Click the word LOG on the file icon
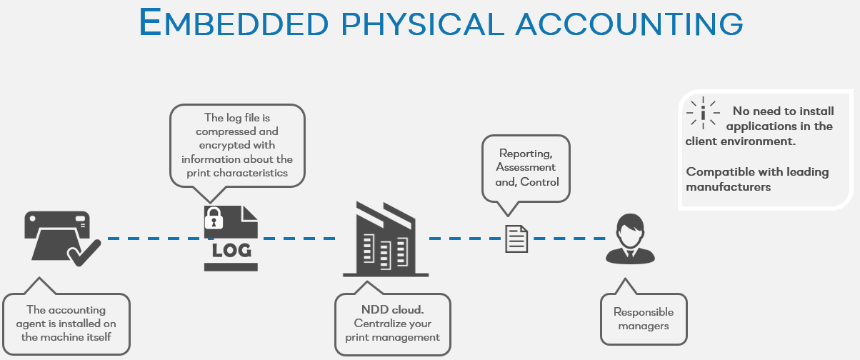(230, 251)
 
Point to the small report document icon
(516, 239)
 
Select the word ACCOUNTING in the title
(629, 23)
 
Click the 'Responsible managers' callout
(643, 319)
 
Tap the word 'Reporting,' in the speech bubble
(525, 154)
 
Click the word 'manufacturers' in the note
(729, 186)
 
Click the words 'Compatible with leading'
(757, 171)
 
